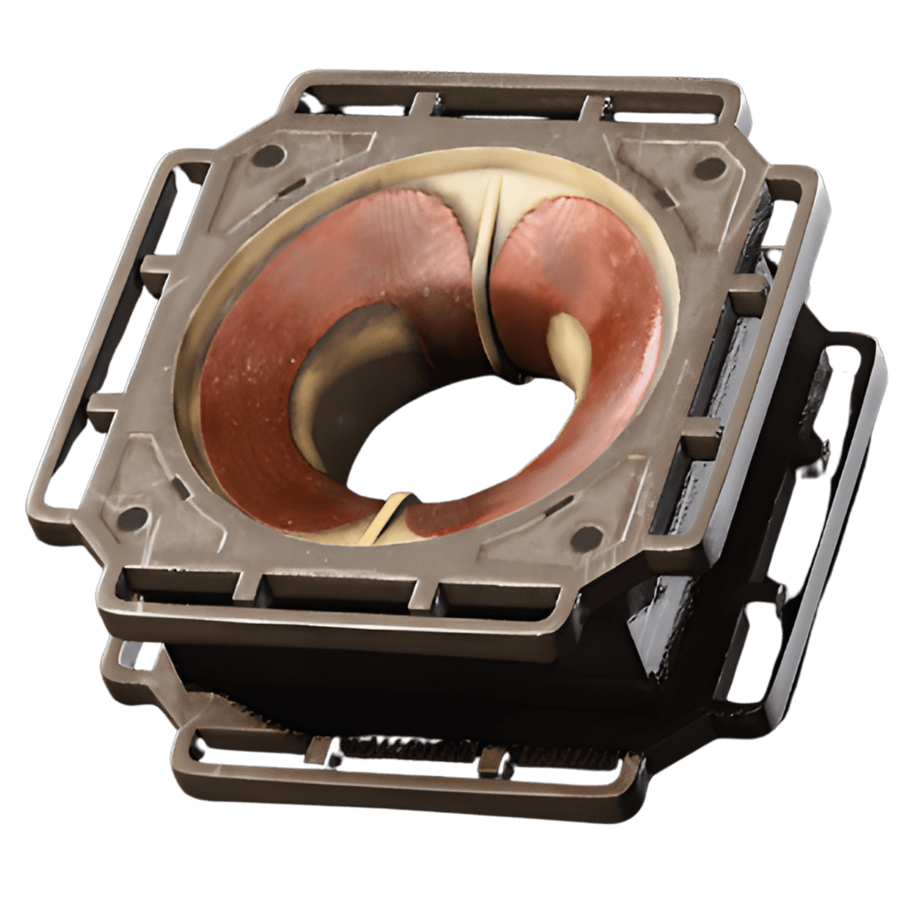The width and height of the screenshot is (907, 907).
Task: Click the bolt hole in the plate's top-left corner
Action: [x=268, y=156]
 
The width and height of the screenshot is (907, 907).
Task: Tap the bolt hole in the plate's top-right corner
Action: [x=709, y=167]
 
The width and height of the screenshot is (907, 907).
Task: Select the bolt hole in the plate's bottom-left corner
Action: [x=133, y=518]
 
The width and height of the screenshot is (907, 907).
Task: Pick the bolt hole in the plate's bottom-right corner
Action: [x=585, y=537]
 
